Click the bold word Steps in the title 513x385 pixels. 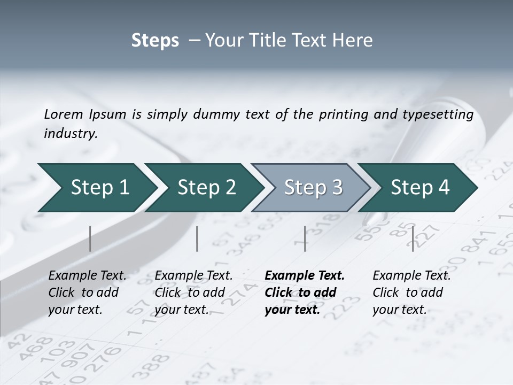tap(155, 41)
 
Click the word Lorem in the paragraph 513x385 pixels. tap(64, 114)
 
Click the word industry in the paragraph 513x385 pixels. tap(70, 134)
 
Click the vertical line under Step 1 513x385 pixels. tap(90, 238)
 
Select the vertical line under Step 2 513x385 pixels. tap(197, 238)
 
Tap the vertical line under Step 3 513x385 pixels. tap(305, 238)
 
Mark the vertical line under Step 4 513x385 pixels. tap(413, 238)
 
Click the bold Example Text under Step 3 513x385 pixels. tap(305, 276)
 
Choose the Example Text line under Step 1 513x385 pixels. tap(87, 276)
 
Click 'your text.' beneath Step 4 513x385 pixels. tap(399, 310)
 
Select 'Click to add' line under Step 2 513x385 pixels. tap(190, 293)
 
